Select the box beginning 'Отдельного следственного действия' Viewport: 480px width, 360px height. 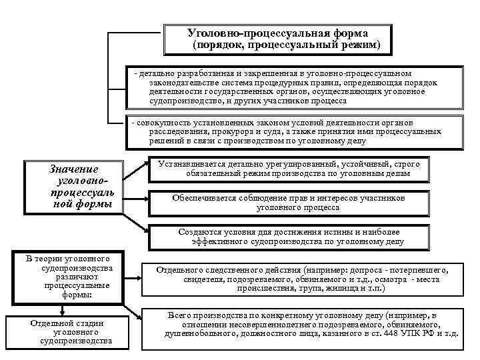click(302, 279)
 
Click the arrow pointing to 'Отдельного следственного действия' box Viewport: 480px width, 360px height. click(133, 269)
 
